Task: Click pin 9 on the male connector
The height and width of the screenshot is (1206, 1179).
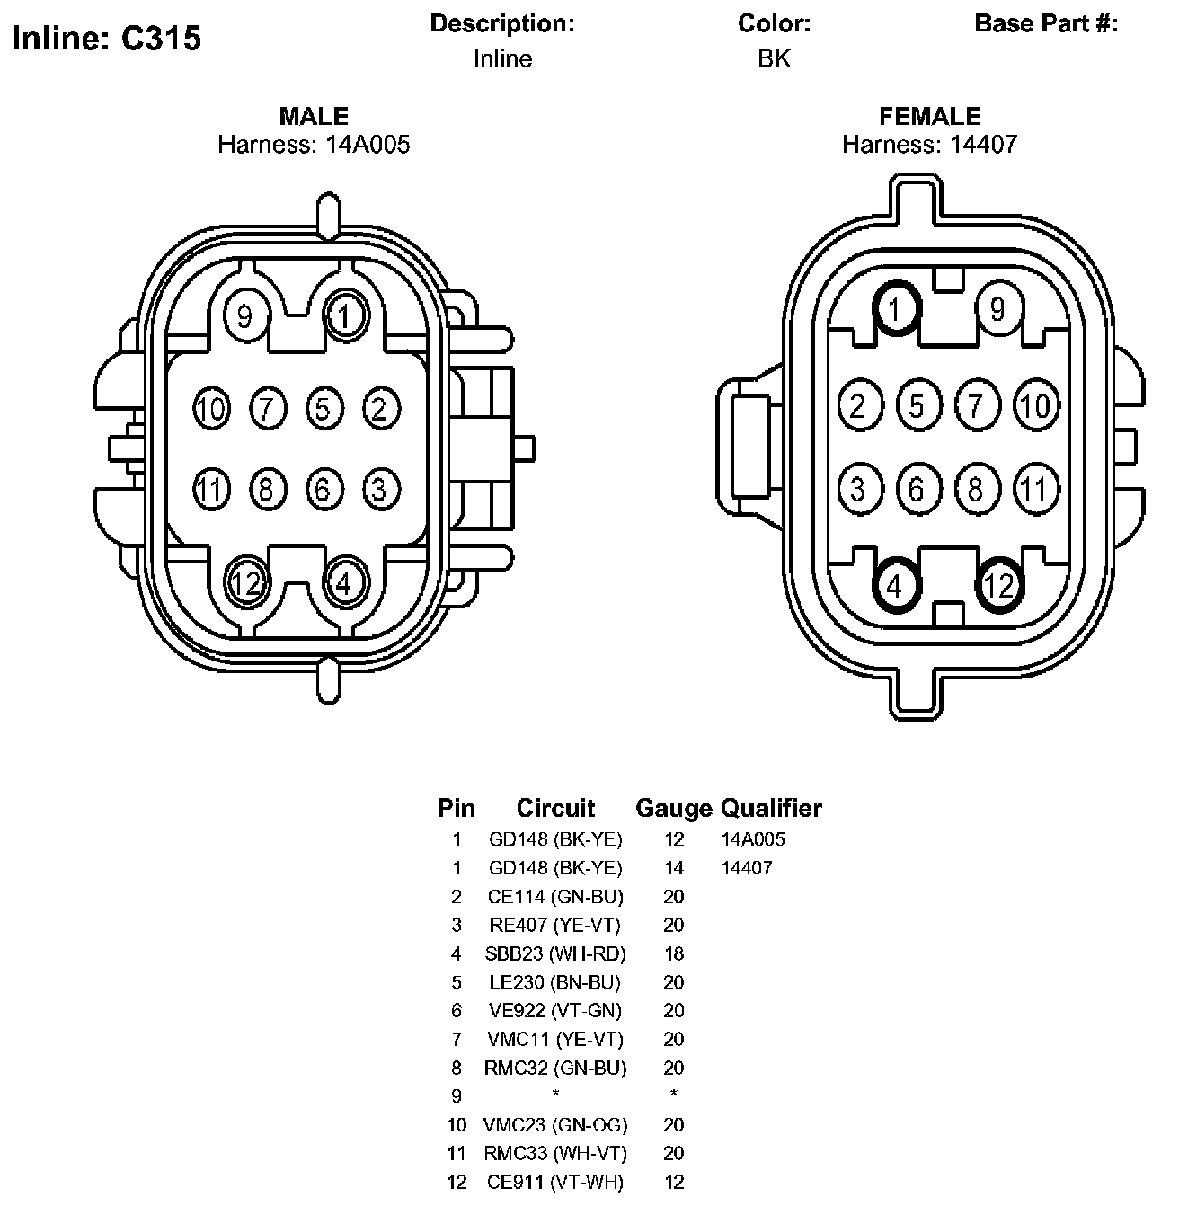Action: pyautogui.click(x=244, y=315)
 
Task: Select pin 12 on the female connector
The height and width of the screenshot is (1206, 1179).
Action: pyautogui.click(x=997, y=586)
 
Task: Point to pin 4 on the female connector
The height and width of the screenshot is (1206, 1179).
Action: pyautogui.click(x=895, y=586)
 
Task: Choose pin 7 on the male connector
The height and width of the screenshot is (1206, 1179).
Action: pyautogui.click(x=267, y=409)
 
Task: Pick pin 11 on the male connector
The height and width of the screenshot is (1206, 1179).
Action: pyautogui.click(x=210, y=490)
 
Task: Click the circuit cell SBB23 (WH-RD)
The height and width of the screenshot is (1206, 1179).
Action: pyautogui.click(x=555, y=953)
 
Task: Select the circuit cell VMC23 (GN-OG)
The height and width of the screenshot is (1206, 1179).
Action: pyautogui.click(x=555, y=1125)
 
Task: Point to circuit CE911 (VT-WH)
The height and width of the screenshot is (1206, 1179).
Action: pyautogui.click(x=555, y=1182)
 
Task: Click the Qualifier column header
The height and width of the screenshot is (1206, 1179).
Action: pyautogui.click(x=771, y=808)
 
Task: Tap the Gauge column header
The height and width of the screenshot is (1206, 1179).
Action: pyautogui.click(x=673, y=808)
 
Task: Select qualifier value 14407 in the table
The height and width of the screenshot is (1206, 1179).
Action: pyautogui.click(x=747, y=868)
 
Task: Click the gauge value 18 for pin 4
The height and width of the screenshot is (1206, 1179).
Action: pyautogui.click(x=673, y=953)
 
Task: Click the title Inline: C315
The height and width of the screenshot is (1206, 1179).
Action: pyautogui.click(x=107, y=38)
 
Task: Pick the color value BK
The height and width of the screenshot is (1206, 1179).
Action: pyautogui.click(x=774, y=59)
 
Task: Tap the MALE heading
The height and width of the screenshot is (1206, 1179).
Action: pyautogui.click(x=314, y=116)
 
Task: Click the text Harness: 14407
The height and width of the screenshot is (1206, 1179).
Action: pyautogui.click(x=929, y=144)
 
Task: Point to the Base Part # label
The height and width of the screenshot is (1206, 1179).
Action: pyautogui.click(x=1046, y=24)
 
